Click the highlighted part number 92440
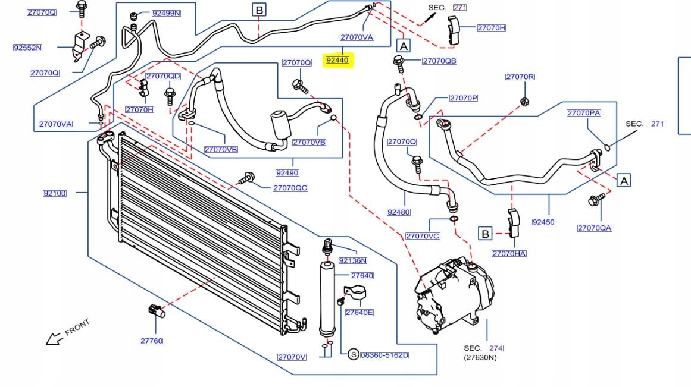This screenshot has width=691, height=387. [339, 61]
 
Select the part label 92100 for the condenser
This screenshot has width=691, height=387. [55, 193]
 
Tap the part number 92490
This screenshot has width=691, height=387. [287, 173]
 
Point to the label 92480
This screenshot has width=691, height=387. [398, 212]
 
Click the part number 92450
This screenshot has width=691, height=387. [543, 222]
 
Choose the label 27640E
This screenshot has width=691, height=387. [359, 313]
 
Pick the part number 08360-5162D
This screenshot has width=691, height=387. [384, 355]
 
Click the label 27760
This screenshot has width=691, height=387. [151, 341]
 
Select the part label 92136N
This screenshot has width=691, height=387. [352, 260]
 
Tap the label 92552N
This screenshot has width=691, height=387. [28, 48]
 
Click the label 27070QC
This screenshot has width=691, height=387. [290, 188]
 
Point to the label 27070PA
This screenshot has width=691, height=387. [583, 113]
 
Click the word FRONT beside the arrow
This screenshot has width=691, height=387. [77, 327]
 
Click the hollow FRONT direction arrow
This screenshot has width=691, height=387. [55, 339]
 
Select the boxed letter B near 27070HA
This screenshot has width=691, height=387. [485, 234]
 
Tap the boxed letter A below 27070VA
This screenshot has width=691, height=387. [404, 45]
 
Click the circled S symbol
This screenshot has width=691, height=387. [353, 355]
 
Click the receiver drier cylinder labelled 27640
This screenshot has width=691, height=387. [327, 297]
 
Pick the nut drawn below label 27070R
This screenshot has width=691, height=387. [524, 100]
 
